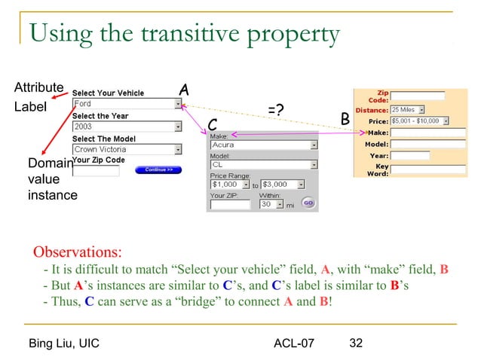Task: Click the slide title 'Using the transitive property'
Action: (184, 34)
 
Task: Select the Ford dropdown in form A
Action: (127, 105)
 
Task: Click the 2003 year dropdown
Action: (127, 127)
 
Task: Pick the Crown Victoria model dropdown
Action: (127, 149)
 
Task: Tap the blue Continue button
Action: (158, 170)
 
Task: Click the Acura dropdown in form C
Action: (263, 145)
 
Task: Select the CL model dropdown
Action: (263, 165)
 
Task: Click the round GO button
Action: (308, 203)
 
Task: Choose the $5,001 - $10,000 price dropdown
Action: (419, 121)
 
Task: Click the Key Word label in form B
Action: (379, 169)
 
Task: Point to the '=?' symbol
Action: (276, 111)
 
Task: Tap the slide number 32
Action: (357, 343)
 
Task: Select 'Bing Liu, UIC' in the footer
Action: (64, 344)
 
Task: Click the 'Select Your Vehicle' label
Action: (108, 93)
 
